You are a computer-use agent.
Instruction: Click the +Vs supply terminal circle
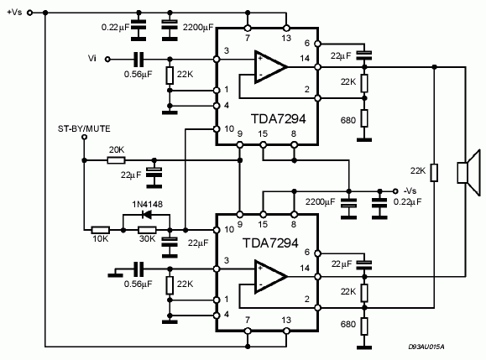29,13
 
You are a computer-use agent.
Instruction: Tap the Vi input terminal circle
107,60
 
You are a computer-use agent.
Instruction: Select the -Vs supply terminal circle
395,191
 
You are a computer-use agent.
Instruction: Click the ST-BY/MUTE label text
84,129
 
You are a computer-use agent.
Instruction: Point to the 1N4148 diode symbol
147,214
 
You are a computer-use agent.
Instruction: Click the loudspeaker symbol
468,172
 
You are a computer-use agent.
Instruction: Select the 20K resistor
116,160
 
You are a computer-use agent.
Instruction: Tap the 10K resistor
101,230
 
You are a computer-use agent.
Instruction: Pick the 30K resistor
147,230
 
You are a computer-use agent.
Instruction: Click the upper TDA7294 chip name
278,119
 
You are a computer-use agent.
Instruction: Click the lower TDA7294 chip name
270,243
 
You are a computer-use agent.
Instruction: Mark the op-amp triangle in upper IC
270,67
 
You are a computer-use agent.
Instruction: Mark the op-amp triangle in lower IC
270,276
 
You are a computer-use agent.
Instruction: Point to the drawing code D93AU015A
426,347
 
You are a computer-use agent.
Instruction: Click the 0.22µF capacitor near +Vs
138,27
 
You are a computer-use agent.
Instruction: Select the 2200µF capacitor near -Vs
348,205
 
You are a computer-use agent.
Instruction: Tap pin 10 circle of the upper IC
217,129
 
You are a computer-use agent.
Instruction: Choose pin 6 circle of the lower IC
317,253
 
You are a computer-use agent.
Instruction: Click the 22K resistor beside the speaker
434,173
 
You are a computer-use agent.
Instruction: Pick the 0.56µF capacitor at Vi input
138,60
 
